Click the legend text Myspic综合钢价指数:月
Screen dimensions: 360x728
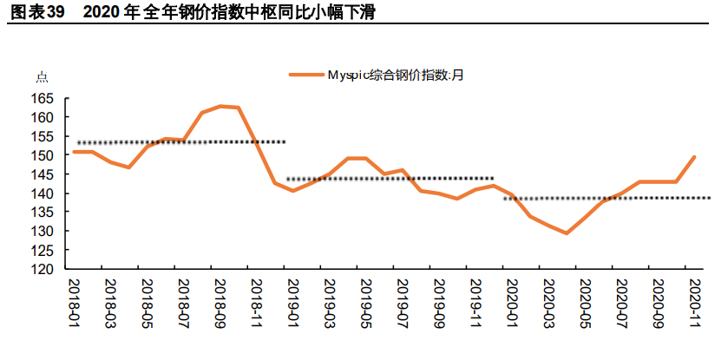395,75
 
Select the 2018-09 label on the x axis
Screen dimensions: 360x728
221,304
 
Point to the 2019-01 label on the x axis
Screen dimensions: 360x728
293,304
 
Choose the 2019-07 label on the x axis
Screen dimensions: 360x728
403,304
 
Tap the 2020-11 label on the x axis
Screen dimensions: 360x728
694,304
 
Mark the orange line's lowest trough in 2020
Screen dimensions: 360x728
567,233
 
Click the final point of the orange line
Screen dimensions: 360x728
694,157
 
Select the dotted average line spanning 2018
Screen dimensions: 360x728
182,141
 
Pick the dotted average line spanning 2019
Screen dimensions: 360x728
390,179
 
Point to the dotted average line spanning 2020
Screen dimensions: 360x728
607,198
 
